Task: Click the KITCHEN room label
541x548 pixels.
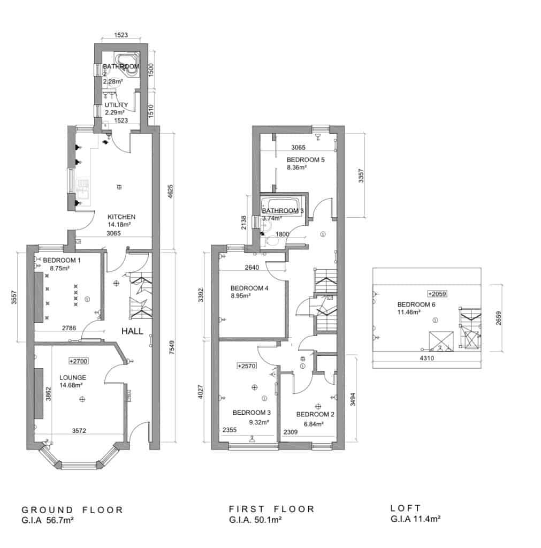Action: click(x=121, y=217)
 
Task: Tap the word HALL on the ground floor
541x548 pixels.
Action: click(x=132, y=331)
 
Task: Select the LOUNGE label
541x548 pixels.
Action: click(x=73, y=377)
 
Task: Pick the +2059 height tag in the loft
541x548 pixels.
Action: click(x=437, y=294)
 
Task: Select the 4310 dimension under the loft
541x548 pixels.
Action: click(x=426, y=359)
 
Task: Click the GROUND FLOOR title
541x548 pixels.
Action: click(x=72, y=509)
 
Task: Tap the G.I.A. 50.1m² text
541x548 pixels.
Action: click(x=255, y=519)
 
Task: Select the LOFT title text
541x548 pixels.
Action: click(x=406, y=508)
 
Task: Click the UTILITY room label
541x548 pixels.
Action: click(x=116, y=105)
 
